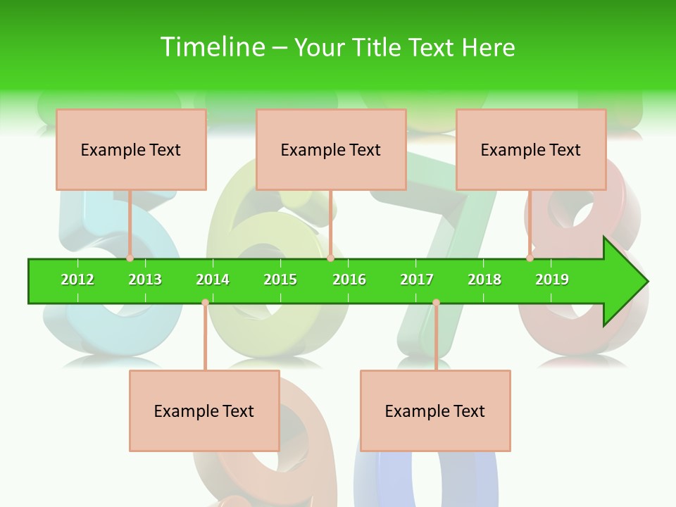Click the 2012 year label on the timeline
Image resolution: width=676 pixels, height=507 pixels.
click(77, 280)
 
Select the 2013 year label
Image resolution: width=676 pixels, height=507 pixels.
click(145, 280)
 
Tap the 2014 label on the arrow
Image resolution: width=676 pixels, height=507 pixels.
click(213, 280)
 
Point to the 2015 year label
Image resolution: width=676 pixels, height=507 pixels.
click(280, 280)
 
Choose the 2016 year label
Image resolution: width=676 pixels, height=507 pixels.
click(349, 280)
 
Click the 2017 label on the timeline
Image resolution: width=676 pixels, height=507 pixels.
click(417, 280)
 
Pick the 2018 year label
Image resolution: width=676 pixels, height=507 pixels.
click(484, 280)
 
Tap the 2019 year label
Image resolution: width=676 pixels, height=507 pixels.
click(552, 280)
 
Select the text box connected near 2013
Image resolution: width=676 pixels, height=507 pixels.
click(131, 150)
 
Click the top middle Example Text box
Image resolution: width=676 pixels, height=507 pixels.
click(331, 150)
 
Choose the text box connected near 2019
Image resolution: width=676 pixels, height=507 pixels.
click(531, 150)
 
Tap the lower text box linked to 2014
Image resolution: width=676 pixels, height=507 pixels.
click(204, 411)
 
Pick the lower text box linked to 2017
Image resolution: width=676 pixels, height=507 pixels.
click(435, 411)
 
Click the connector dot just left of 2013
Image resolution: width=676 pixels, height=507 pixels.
click(130, 258)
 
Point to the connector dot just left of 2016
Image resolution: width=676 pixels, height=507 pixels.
click(330, 258)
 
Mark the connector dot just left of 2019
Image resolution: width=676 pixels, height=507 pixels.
click(530, 258)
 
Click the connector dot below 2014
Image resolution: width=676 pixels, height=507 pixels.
click(205, 303)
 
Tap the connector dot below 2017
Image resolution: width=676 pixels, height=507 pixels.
click(436, 303)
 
